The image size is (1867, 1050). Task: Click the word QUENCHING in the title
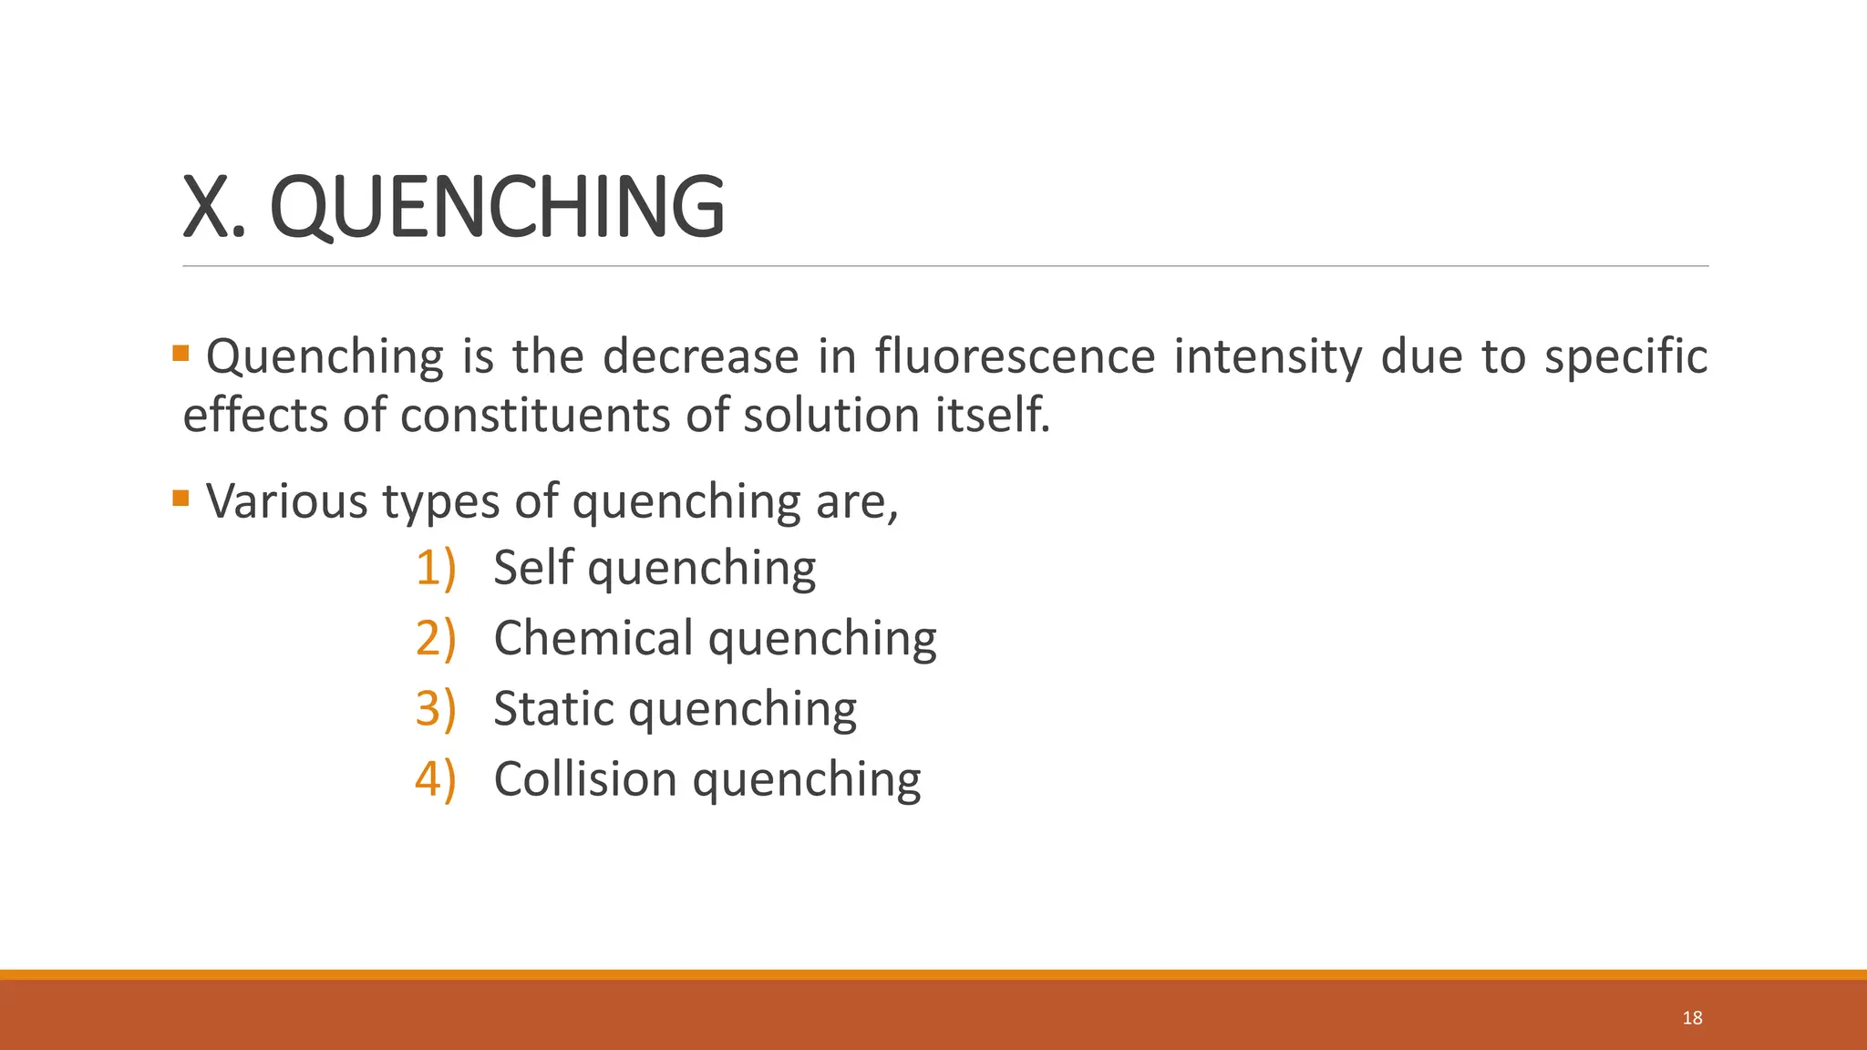tap(498, 208)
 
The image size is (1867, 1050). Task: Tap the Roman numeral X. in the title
tap(214, 208)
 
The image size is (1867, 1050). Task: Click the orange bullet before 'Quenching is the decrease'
tap(181, 353)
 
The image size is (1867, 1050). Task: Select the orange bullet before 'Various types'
tap(181, 498)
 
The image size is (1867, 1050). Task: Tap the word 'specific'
tap(1625, 357)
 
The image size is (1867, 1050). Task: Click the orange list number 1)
tap(435, 568)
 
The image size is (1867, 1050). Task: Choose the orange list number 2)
tap(435, 638)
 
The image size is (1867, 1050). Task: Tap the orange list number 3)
tap(435, 709)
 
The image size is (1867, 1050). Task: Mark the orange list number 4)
tap(435, 779)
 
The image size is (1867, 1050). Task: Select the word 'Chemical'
tap(593, 638)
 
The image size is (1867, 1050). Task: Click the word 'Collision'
tap(584, 779)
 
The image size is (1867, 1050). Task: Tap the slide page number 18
tap(1692, 1018)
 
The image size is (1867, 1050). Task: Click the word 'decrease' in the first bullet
tap(701, 355)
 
